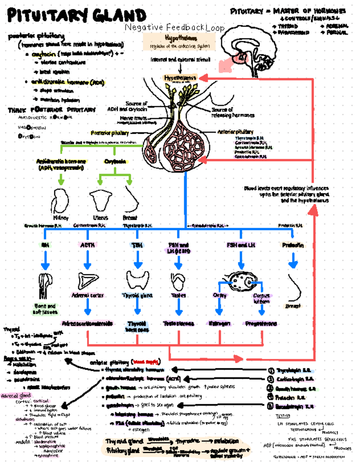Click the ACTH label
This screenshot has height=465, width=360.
(x=87, y=245)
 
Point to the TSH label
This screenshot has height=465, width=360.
(x=137, y=245)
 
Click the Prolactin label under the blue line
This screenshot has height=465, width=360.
(x=292, y=245)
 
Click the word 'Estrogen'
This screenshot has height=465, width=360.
(x=220, y=323)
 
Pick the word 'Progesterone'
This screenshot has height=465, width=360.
(x=261, y=323)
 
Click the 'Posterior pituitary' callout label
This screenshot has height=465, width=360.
(x=109, y=133)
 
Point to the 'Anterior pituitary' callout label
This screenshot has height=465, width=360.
(x=235, y=131)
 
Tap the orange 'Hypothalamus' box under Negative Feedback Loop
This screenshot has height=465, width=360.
(x=179, y=41)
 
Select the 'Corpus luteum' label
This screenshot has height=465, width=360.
(x=261, y=298)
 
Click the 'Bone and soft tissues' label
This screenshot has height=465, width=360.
(x=45, y=309)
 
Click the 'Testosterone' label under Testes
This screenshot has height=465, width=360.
(x=178, y=323)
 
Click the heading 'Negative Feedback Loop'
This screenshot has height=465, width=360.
(x=174, y=28)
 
